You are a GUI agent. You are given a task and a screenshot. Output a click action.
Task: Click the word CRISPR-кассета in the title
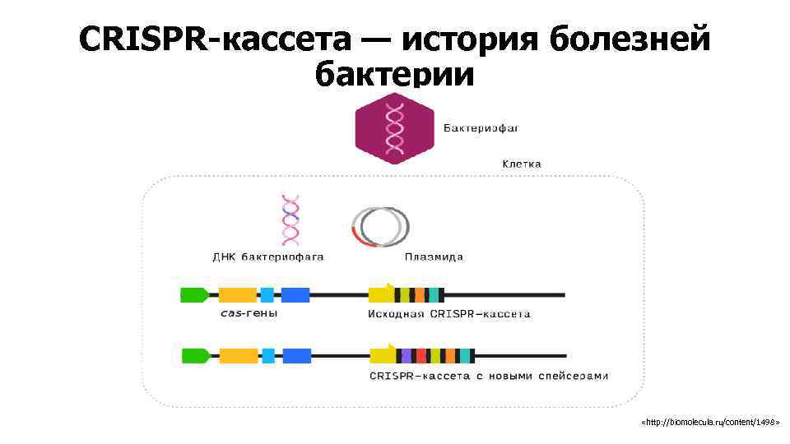coord(215,39)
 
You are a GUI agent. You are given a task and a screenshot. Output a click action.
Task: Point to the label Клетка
coord(522,164)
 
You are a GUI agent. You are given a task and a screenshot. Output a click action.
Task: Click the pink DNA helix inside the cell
coord(290,220)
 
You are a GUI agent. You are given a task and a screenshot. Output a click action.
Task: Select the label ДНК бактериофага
coord(268,257)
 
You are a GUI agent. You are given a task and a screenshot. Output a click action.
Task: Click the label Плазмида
coord(434,257)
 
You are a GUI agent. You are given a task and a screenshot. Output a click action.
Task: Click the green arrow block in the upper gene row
coord(194,294)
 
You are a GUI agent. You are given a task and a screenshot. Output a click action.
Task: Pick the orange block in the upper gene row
coord(237,294)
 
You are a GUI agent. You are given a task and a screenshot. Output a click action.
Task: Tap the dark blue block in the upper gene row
coord(295,294)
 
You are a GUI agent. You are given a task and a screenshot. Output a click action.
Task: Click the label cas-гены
coord(249,313)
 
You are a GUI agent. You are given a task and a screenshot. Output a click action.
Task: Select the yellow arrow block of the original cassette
coord(381,294)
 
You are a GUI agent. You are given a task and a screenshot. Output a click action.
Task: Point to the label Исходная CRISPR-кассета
coord(448,313)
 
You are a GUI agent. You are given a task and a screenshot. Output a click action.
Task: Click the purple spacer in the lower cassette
coord(406,356)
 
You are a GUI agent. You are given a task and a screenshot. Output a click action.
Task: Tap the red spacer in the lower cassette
coord(421,356)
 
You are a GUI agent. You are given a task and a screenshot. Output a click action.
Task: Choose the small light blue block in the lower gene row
coord(268,356)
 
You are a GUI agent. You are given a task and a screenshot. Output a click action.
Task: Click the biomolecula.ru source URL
coord(709,422)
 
